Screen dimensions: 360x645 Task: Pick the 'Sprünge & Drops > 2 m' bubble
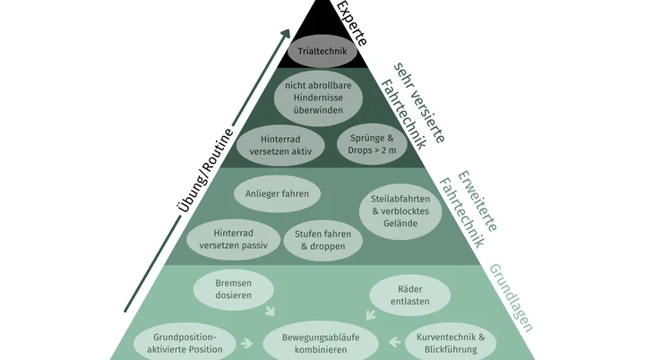pyautogui.click(x=371, y=144)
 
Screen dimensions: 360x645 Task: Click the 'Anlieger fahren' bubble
pyautogui.click(x=277, y=193)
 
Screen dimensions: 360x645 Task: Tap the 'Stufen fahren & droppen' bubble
pyautogui.click(x=322, y=239)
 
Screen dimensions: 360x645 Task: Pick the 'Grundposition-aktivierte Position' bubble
pyautogui.click(x=185, y=342)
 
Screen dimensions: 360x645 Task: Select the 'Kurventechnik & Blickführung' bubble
pyautogui.click(x=450, y=342)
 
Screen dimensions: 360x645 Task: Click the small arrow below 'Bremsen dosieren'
pyautogui.click(x=270, y=313)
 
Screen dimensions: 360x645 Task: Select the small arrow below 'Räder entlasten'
pyautogui.click(x=367, y=313)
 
